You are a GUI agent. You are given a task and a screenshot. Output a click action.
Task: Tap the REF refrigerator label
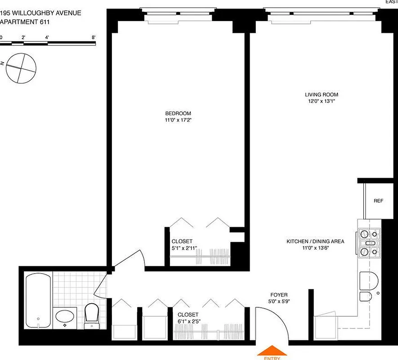click(378, 201)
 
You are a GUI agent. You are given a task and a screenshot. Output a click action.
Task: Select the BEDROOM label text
click(178, 113)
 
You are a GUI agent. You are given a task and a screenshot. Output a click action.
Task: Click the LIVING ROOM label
click(321, 94)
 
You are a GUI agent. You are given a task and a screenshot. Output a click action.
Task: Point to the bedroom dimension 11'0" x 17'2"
click(178, 120)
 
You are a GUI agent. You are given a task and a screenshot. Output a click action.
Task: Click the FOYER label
click(279, 295)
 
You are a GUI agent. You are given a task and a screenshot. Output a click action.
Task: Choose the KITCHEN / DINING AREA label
click(315, 242)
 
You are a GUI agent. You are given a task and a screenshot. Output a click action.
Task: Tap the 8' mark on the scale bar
click(93, 37)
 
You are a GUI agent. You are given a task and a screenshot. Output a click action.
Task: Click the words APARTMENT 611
click(25, 21)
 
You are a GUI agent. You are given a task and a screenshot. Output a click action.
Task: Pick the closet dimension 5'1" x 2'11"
click(184, 248)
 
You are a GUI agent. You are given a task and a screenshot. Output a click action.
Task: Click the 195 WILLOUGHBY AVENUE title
click(40, 13)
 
